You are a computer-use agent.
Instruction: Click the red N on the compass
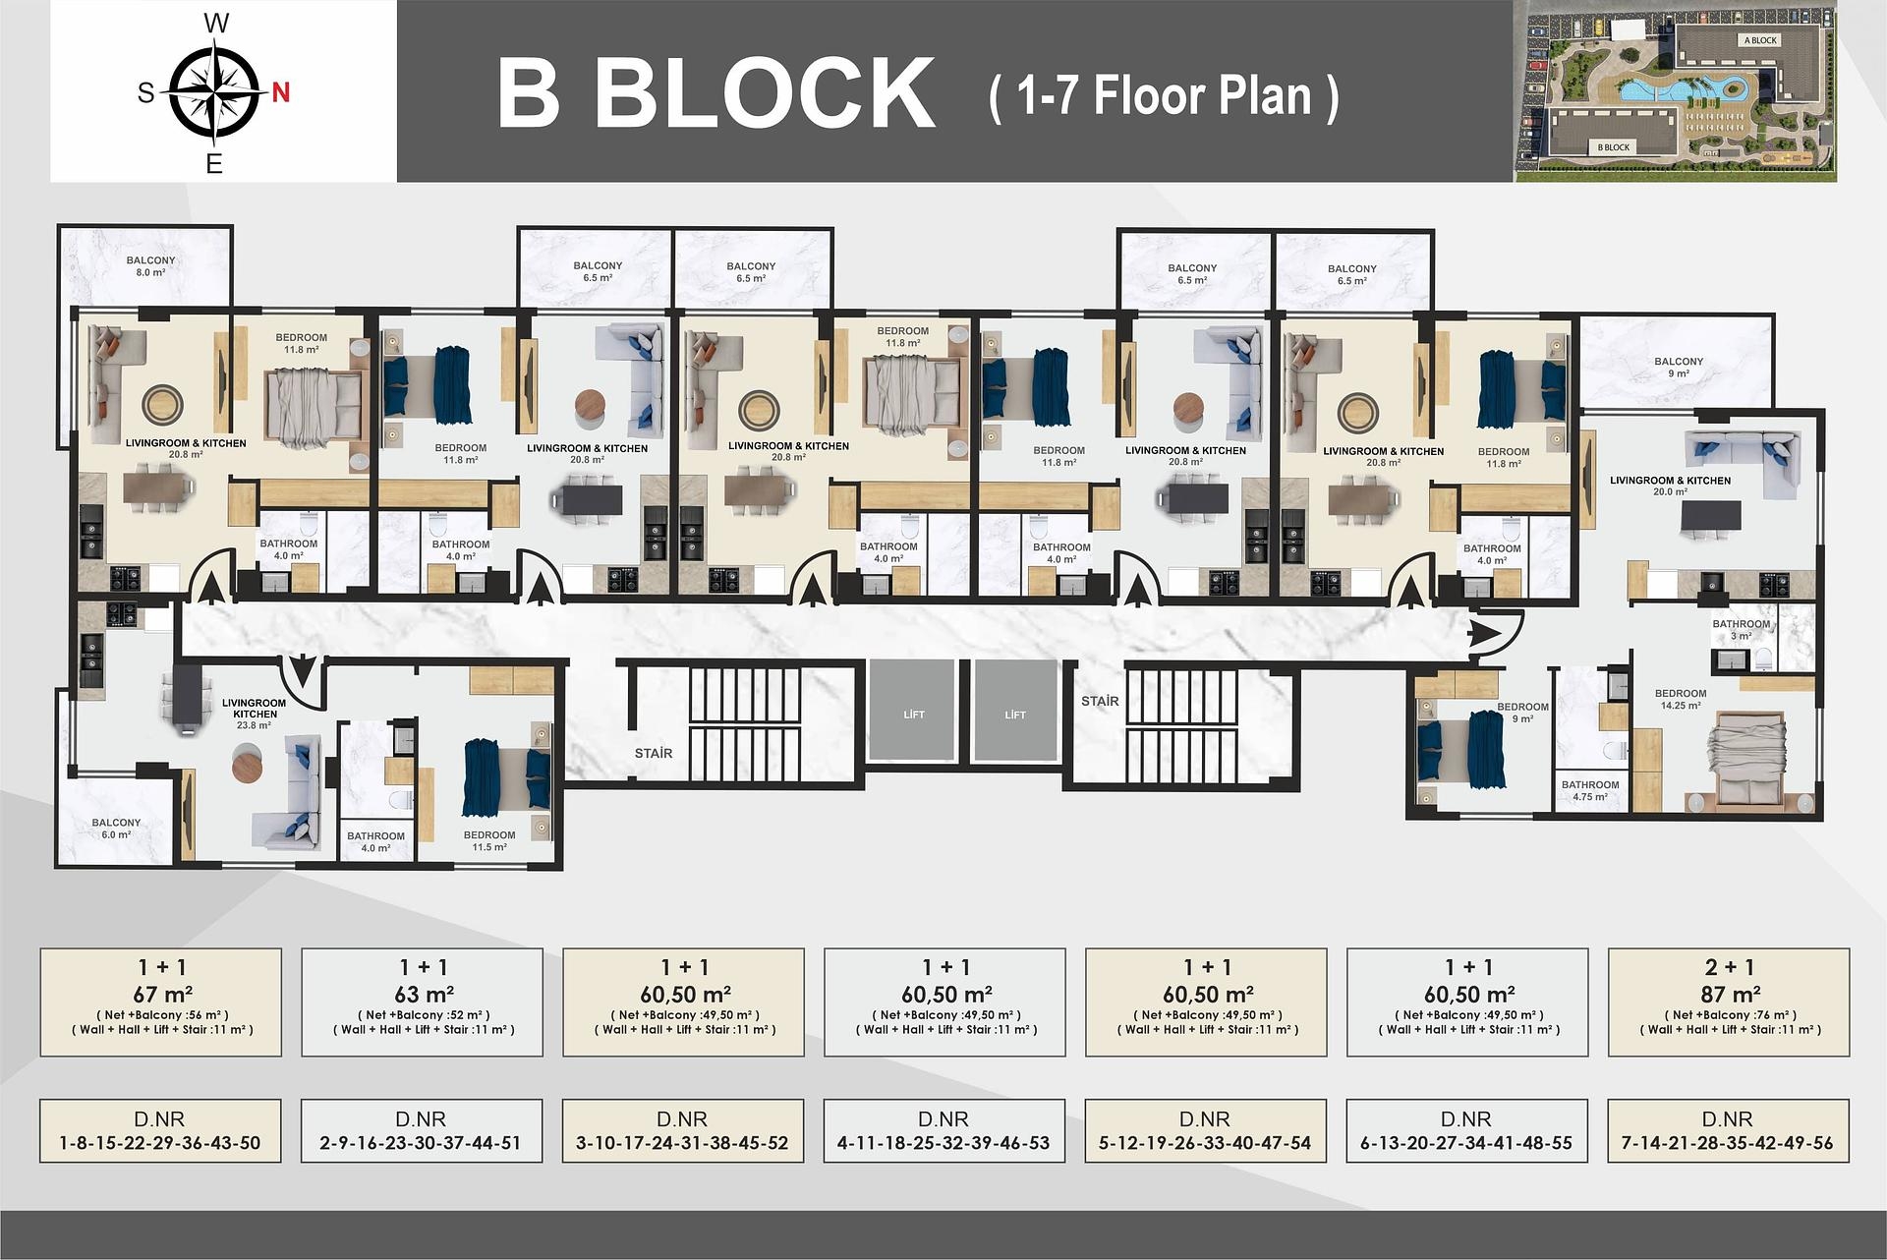pyautogui.click(x=281, y=92)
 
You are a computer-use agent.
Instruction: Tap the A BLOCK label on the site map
pyautogui.click(x=1760, y=40)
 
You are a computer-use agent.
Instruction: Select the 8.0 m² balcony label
pyautogui.click(x=150, y=266)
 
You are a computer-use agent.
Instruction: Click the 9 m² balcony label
pyautogui.click(x=1679, y=368)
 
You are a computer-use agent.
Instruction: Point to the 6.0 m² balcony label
pyautogui.click(x=116, y=829)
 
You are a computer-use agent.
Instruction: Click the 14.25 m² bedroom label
pyautogui.click(x=1681, y=699)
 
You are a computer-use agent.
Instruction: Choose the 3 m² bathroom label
pyautogui.click(x=1741, y=630)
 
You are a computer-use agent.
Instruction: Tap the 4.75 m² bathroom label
pyautogui.click(x=1590, y=791)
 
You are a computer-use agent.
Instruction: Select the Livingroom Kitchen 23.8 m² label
pyautogui.click(x=254, y=714)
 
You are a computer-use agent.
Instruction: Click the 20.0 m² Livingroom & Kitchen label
pyautogui.click(x=1670, y=486)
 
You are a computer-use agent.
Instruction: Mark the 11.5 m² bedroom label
pyautogui.click(x=489, y=841)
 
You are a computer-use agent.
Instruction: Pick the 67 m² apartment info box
pyautogui.click(x=161, y=1002)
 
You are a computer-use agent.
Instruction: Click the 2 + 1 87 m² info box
pyautogui.click(x=1729, y=1002)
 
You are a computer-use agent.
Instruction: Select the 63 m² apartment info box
pyautogui.click(x=423, y=1002)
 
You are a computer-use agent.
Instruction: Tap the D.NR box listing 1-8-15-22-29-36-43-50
pyautogui.click(x=160, y=1131)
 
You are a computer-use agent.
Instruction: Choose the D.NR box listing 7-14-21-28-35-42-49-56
pyautogui.click(x=1728, y=1131)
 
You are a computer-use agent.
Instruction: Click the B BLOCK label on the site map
pyautogui.click(x=1613, y=147)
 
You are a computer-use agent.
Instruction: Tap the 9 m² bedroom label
pyautogui.click(x=1522, y=713)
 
